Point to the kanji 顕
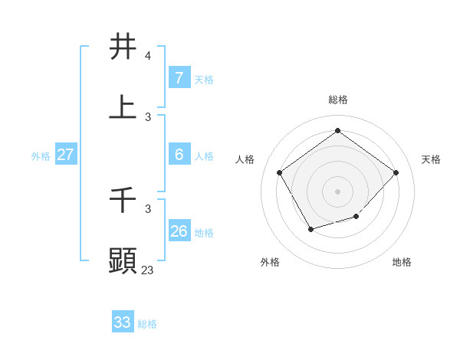pos(123,260)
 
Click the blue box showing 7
pos(179,77)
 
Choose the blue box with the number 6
pos(179,154)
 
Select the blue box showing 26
pos(179,231)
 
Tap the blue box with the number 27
pos(65,154)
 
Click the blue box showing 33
pos(123,322)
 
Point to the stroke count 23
pos(148,270)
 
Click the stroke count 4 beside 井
pos(148,56)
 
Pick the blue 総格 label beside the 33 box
pos(147,324)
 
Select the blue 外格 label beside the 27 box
pos(41,156)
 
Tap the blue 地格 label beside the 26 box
pos(204,233)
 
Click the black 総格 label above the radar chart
pos(337,100)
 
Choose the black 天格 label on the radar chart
pos(431,159)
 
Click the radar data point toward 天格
pos(396,172)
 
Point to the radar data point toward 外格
pos(310,229)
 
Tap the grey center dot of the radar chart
pos(337,191)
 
